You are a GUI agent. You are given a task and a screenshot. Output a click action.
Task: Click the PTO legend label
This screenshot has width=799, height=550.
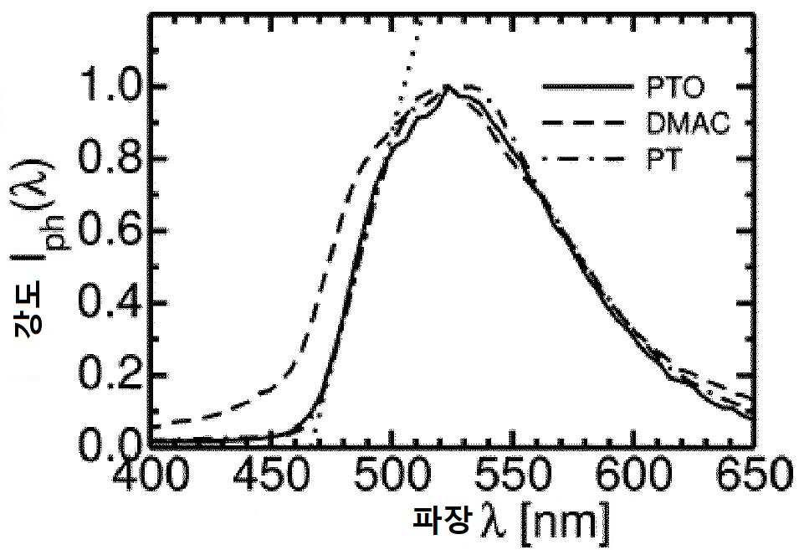[675, 87]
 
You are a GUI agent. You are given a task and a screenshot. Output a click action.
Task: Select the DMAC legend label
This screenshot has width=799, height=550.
[688, 123]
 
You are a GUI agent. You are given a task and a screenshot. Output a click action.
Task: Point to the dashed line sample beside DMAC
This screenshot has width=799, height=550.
[583, 122]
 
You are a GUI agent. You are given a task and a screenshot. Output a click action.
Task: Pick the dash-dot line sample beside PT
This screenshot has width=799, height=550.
[583, 159]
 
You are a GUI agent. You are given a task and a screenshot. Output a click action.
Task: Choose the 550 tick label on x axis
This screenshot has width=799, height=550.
[513, 473]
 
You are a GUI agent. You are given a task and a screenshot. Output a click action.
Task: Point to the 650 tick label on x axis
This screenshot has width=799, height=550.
[754, 473]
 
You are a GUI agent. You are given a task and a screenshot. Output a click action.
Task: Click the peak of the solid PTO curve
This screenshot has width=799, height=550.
[447, 85]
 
